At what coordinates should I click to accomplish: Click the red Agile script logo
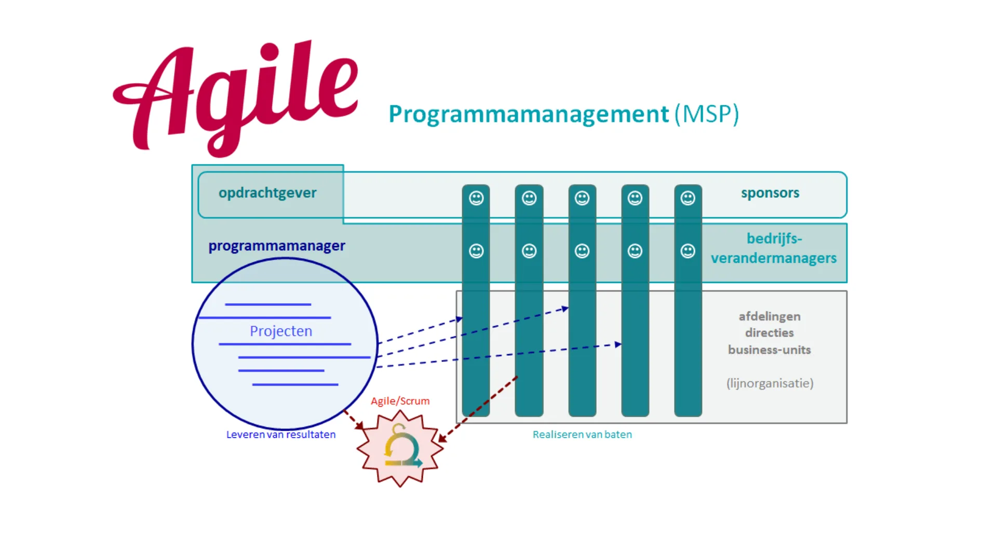pos(234,96)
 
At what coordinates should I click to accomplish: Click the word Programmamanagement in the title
pos(529,114)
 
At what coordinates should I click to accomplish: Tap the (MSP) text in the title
pos(707,114)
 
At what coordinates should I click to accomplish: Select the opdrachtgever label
pos(267,193)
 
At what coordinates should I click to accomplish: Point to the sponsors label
pos(770,193)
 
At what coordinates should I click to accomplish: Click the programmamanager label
pos(277,246)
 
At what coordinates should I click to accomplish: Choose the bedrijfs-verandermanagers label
pos(774,248)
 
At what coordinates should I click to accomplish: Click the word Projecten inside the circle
pos(281,331)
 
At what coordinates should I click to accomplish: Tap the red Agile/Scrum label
pos(400,401)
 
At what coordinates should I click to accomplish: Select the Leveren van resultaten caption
pos(280,434)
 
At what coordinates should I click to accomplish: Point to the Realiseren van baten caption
pos(582,434)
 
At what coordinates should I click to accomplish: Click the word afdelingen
pos(770,316)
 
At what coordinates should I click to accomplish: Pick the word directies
pos(770,333)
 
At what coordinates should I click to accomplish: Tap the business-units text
pos(770,350)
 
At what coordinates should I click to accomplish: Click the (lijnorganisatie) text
pos(770,383)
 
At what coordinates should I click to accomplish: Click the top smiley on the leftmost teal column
pos(476,198)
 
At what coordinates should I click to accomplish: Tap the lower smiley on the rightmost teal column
pos(688,251)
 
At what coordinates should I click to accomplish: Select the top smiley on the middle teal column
pos(582,198)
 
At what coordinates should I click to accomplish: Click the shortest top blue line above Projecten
pos(268,304)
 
